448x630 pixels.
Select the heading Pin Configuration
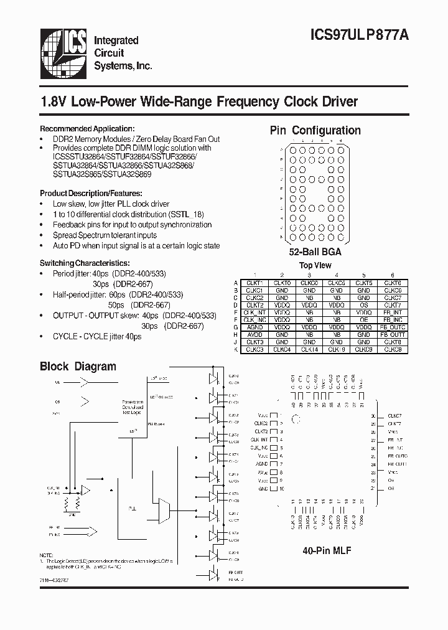pyautogui.click(x=315, y=131)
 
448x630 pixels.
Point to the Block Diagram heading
pyautogui.click(x=78, y=367)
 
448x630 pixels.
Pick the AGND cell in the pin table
pyautogui.click(x=254, y=327)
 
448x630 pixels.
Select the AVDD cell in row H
pyautogui.click(x=254, y=334)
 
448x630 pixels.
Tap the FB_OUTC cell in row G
pyautogui.click(x=393, y=327)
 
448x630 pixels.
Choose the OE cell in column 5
pyautogui.click(x=364, y=319)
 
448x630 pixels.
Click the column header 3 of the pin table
pyautogui.click(x=309, y=275)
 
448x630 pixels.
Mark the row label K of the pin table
pyautogui.click(x=236, y=349)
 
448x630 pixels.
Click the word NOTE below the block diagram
pyautogui.click(x=47, y=555)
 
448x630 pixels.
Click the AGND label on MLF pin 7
pyautogui.click(x=262, y=464)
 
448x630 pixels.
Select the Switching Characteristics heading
pyautogui.click(x=85, y=263)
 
